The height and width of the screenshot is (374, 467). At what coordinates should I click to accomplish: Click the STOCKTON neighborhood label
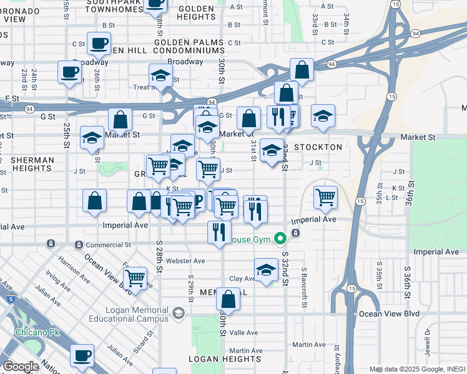(318, 147)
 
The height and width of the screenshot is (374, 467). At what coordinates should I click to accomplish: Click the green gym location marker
(280, 238)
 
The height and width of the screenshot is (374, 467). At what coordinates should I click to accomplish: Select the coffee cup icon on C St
(99, 44)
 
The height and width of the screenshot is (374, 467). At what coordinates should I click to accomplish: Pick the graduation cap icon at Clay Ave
(266, 271)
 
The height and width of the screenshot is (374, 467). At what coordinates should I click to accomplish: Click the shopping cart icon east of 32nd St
(325, 198)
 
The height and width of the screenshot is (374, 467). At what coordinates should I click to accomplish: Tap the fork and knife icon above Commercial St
(219, 232)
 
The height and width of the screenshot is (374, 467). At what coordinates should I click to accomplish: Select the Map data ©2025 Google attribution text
(406, 369)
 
